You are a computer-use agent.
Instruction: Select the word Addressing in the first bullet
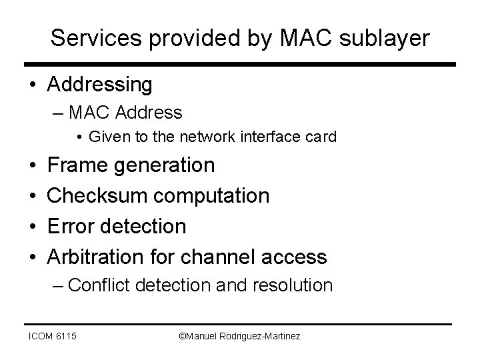(x=100, y=85)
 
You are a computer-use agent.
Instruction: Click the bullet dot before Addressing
(x=32, y=85)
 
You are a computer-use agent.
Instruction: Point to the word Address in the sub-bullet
(x=149, y=113)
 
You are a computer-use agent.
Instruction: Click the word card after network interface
(x=323, y=137)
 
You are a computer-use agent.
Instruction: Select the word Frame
(x=77, y=165)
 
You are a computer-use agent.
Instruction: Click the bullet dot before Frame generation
(x=32, y=165)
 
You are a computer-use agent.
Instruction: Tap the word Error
(x=71, y=226)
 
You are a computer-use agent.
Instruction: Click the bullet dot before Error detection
(x=32, y=227)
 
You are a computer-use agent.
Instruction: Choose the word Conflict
(x=100, y=285)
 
